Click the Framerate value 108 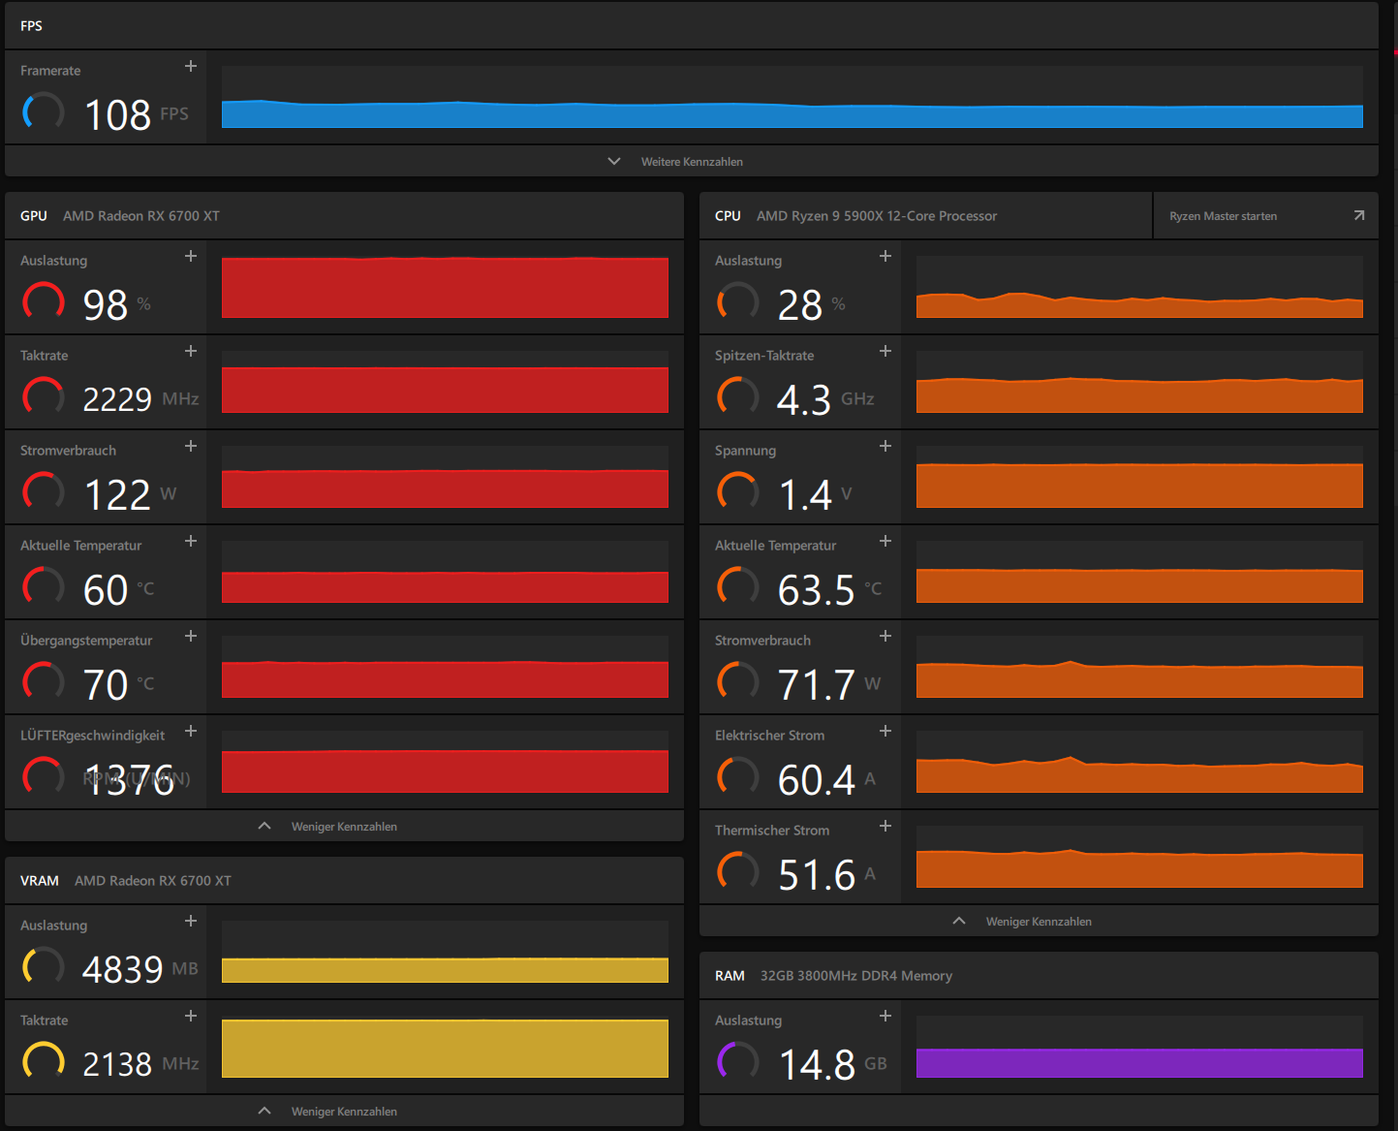[x=117, y=115]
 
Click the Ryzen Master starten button [x=1265, y=216]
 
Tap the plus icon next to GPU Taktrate [x=191, y=351]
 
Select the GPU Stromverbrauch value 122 [x=117, y=494]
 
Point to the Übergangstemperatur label [x=86, y=641]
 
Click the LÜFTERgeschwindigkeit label [x=93, y=736]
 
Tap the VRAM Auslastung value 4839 [x=122, y=969]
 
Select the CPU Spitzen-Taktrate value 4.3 [x=803, y=399]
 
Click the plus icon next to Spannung [x=885, y=447]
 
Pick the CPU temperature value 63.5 [x=816, y=589]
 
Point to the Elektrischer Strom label [x=769, y=736]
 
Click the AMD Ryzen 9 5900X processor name [x=876, y=216]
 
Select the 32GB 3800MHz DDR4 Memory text [x=855, y=975]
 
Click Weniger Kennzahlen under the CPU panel [x=1039, y=922]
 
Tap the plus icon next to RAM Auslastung [x=885, y=1016]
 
